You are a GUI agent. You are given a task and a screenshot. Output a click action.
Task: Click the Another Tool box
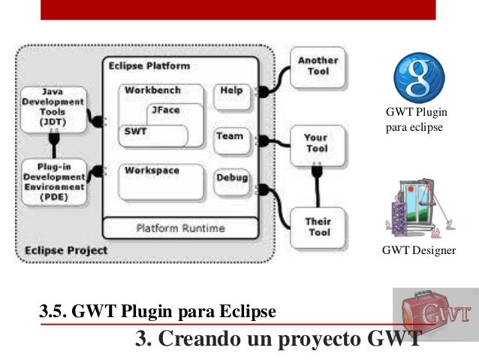pyautogui.click(x=318, y=66)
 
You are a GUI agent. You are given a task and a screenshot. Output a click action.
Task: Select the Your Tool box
pyautogui.click(x=316, y=143)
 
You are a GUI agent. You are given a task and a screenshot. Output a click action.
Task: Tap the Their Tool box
pyautogui.click(x=318, y=227)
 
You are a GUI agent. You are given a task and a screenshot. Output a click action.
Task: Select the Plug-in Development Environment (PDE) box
pyautogui.click(x=53, y=181)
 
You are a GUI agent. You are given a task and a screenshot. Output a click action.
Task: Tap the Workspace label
pyautogui.click(x=152, y=171)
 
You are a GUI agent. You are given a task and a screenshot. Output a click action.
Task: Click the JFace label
pyautogui.click(x=165, y=110)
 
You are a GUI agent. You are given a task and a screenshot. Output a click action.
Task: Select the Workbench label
pyautogui.click(x=152, y=90)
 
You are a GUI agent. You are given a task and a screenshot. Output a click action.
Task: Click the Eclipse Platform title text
pyautogui.click(x=149, y=66)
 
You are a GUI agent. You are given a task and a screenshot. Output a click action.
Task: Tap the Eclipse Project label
pyautogui.click(x=65, y=250)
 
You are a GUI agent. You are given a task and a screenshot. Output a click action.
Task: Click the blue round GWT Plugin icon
pyautogui.click(x=419, y=77)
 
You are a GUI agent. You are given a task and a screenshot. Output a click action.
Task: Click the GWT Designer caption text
pyautogui.click(x=418, y=250)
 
